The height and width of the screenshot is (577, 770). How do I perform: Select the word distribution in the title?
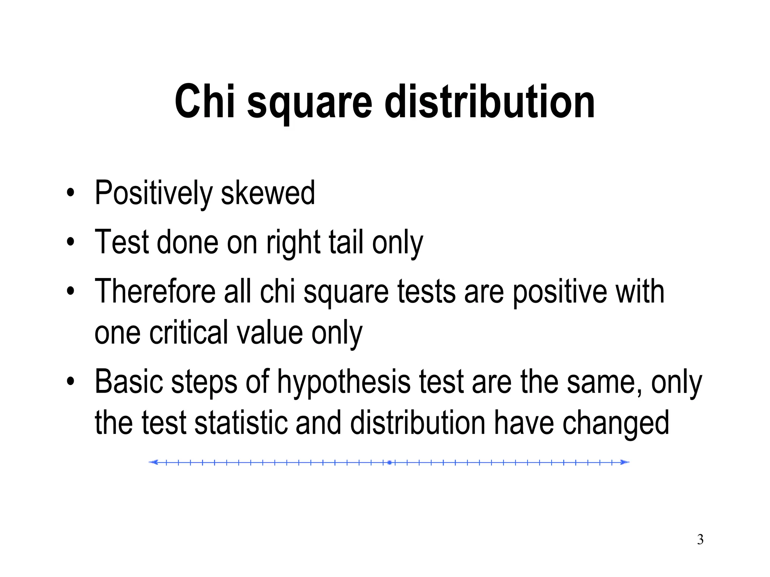(x=490, y=101)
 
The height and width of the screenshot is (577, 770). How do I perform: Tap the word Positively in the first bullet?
(x=153, y=193)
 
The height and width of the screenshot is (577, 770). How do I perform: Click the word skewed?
(x=268, y=193)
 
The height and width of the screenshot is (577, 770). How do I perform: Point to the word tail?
(x=346, y=242)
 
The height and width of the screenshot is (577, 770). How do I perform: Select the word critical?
(x=188, y=332)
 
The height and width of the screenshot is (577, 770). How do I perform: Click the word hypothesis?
(x=343, y=382)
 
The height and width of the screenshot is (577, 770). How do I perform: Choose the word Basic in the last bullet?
(x=129, y=382)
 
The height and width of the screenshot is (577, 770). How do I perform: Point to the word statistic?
(x=241, y=423)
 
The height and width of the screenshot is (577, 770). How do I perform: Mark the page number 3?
(x=700, y=540)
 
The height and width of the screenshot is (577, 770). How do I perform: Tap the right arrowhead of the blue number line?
(x=624, y=462)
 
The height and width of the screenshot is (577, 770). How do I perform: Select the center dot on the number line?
(x=390, y=462)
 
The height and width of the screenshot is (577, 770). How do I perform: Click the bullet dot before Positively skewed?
(x=70, y=194)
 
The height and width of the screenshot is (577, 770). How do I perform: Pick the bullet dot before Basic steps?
(x=70, y=382)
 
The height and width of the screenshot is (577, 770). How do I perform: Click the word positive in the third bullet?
(x=559, y=292)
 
